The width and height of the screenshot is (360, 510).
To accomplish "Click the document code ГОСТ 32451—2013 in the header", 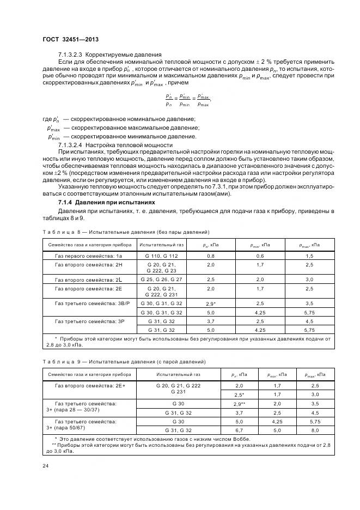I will tap(70, 39).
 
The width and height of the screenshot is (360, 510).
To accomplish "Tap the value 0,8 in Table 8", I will tap(211, 255).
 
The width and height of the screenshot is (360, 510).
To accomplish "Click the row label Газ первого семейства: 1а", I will tap(89, 255).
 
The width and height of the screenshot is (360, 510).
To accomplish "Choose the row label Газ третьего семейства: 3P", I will tap(89, 322).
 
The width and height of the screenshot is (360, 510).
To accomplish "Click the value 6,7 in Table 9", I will tap(238, 430).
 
